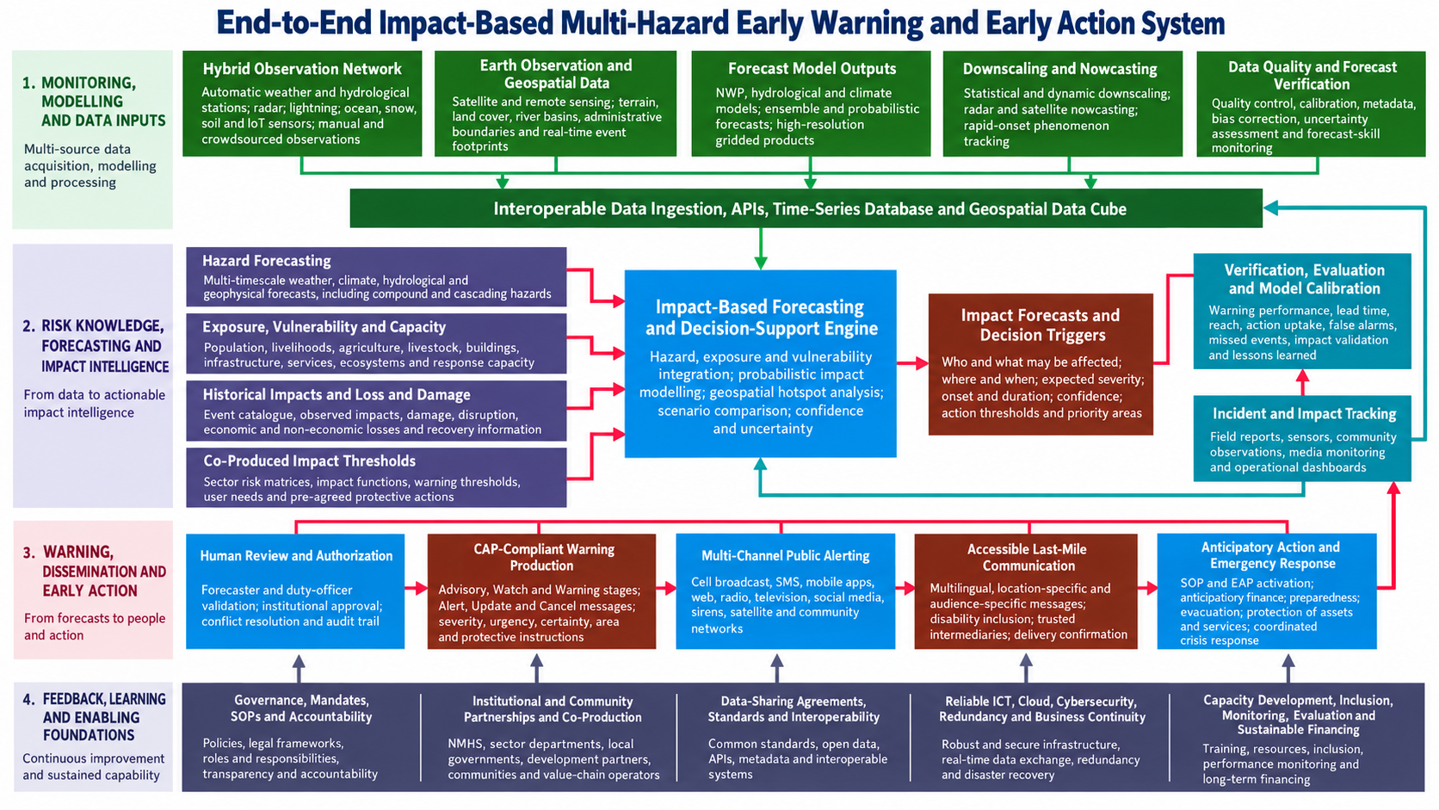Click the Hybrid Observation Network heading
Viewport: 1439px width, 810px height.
302,69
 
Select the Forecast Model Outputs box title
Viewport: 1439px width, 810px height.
812,69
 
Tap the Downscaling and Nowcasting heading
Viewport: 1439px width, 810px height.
1060,69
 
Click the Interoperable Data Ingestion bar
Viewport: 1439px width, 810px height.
806,208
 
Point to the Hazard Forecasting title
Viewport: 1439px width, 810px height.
267,261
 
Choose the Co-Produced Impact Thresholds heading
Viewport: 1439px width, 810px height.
310,461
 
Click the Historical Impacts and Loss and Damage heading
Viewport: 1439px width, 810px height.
337,394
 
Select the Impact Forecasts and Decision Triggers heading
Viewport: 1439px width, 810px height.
1041,325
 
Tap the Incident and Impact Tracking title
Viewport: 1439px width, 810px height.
1304,414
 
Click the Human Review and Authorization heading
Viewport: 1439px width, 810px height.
296,555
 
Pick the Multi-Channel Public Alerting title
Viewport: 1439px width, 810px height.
785,555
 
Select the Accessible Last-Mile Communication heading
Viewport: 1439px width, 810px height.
1028,558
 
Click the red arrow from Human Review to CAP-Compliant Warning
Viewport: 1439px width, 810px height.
417,588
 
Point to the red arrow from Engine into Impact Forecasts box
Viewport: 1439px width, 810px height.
912,363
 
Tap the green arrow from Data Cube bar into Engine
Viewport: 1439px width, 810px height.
761,249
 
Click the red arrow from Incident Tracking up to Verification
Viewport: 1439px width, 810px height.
1302,382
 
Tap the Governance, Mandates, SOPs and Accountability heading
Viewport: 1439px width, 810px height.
301,708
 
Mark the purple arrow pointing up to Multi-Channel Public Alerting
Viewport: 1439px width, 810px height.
776,668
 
